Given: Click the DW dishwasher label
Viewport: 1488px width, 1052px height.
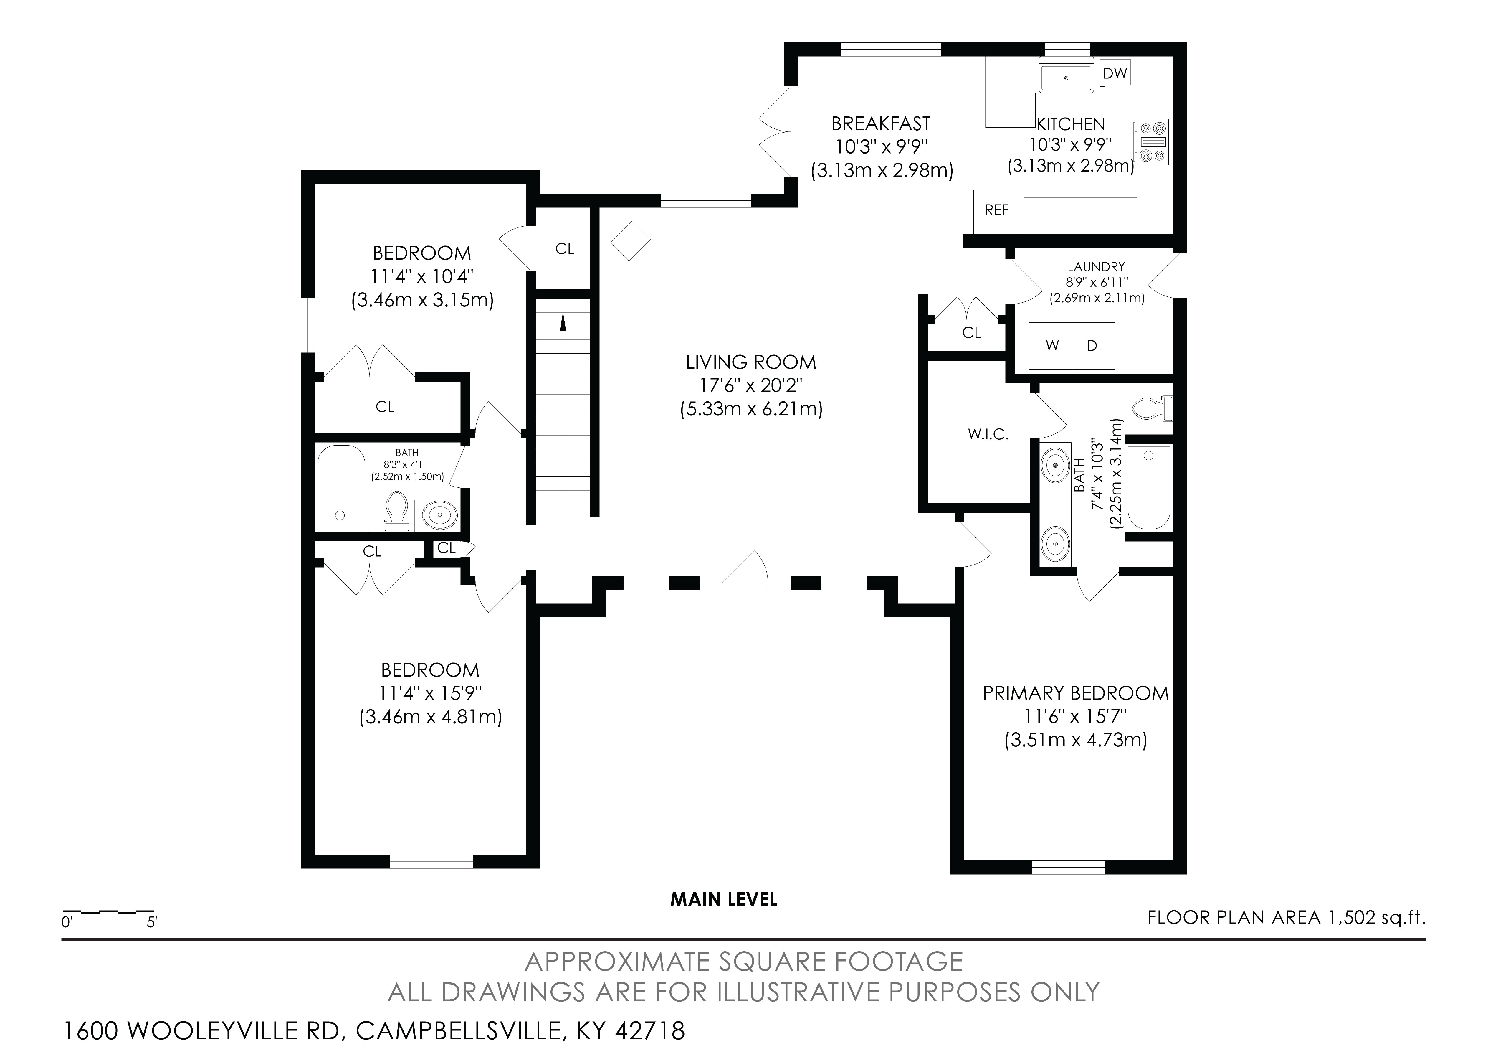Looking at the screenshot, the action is [x=1115, y=73].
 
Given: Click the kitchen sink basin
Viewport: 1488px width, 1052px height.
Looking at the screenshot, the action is [x=1066, y=77].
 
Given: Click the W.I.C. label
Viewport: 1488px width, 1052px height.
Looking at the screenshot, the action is [x=988, y=435].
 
